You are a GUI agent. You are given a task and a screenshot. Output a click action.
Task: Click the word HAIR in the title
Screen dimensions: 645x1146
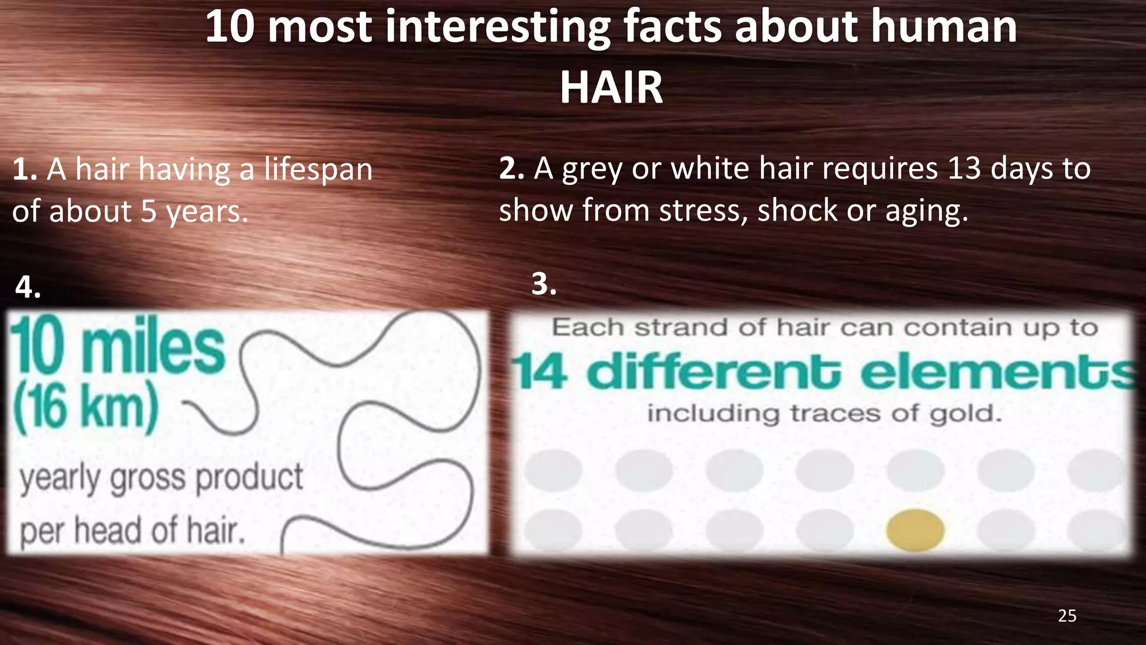(611, 88)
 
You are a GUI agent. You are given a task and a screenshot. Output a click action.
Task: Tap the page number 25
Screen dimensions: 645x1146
(1067, 616)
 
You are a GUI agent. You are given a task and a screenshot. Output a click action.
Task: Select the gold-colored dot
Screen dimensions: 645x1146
(915, 530)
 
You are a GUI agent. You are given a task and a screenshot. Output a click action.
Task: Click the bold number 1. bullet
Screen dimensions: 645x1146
(25, 169)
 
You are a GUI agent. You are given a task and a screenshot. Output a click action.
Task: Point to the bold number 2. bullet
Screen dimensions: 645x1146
(511, 168)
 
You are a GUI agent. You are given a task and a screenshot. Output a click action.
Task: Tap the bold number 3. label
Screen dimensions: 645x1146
(544, 284)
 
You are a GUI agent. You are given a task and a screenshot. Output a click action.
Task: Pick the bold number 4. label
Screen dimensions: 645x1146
(28, 287)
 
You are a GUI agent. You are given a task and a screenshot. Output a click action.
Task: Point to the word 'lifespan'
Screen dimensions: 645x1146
(318, 169)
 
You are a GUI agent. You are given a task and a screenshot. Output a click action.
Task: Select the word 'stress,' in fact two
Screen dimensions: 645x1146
(703, 211)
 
